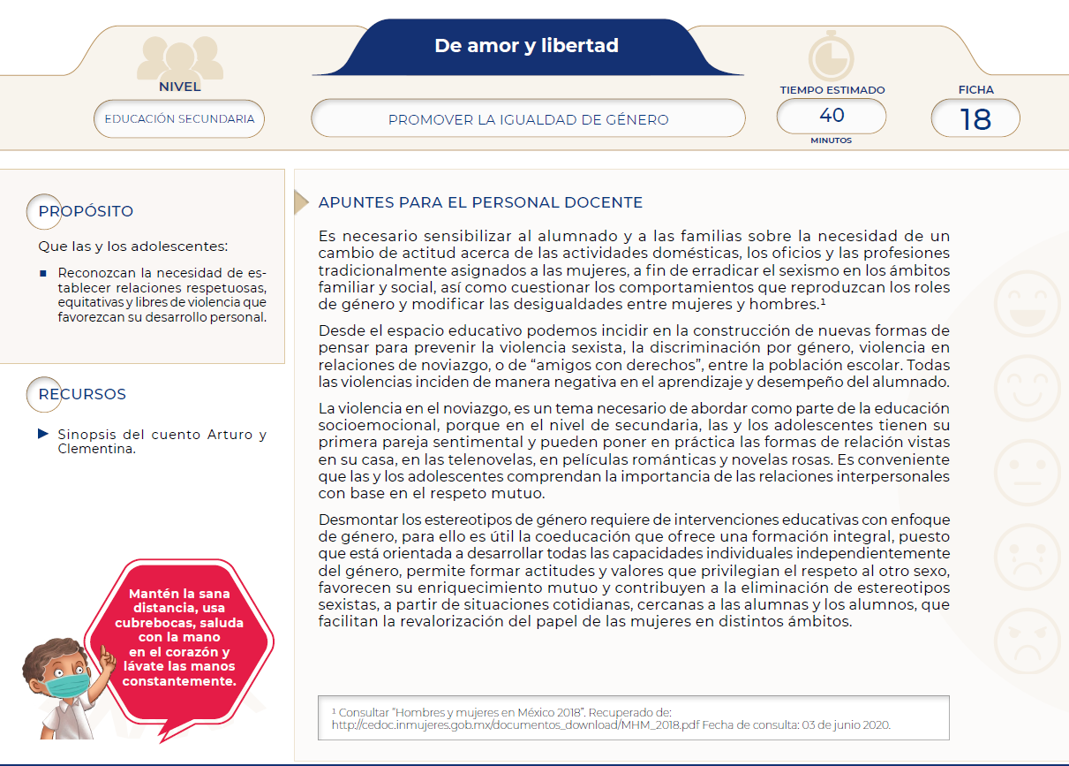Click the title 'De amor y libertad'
point(526,46)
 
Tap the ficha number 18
point(975,118)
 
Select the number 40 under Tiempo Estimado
point(832,116)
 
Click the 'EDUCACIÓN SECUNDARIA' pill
point(179,118)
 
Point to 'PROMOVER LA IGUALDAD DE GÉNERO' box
point(528,119)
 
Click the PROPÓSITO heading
point(86,211)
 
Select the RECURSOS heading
point(82,394)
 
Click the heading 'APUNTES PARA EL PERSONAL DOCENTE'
point(480,203)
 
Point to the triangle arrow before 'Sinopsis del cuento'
point(43,434)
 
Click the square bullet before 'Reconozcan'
point(43,273)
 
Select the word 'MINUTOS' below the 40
point(831,140)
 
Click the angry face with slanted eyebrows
point(1028,642)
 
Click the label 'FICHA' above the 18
point(975,89)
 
